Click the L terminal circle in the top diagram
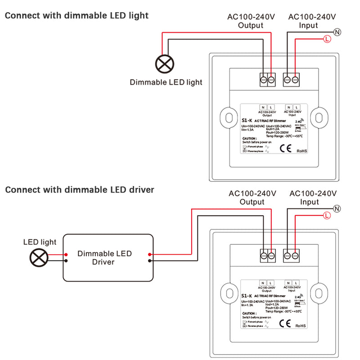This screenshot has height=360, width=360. (327, 40)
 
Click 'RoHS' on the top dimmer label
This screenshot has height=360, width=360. (301, 152)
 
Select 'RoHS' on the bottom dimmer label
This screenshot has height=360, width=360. (301, 325)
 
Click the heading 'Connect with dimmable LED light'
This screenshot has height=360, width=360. (76, 16)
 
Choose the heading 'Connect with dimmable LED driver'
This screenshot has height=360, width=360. (80, 190)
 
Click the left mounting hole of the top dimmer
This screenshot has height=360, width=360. (229, 117)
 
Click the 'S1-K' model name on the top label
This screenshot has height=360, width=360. (246, 121)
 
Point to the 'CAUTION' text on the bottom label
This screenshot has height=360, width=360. (249, 313)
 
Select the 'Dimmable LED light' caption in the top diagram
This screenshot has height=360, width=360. (166, 82)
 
